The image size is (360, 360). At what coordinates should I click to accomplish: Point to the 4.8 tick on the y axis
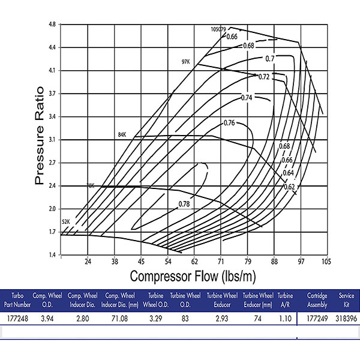[x=52, y=25]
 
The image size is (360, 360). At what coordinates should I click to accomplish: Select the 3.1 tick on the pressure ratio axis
[x=52, y=140]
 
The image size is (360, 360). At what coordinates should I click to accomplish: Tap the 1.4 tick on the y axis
[x=52, y=256]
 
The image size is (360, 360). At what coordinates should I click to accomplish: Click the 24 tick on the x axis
[x=88, y=262]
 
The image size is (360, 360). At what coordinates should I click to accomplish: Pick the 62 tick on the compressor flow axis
[x=194, y=262]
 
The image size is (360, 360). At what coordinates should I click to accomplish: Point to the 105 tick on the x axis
[x=326, y=262]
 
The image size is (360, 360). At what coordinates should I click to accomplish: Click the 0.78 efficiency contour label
[x=185, y=205]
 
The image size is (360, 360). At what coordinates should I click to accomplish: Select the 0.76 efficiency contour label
[x=229, y=123]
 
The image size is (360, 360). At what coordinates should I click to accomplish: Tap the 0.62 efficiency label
[x=289, y=187]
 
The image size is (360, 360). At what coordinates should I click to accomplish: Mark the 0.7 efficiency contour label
[x=270, y=58]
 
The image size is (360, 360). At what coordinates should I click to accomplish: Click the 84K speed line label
[x=123, y=136]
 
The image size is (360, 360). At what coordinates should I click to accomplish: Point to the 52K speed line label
[x=66, y=222]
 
